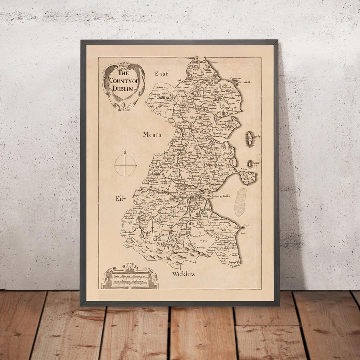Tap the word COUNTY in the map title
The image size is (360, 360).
120,81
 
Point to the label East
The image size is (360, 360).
162,74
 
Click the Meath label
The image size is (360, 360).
152,135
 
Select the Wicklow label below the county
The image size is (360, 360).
184,274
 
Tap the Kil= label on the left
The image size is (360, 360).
120,198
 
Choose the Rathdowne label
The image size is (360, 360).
227,248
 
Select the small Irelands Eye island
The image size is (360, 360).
250,164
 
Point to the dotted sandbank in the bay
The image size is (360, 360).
240,202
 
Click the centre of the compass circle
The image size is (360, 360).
125,165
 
